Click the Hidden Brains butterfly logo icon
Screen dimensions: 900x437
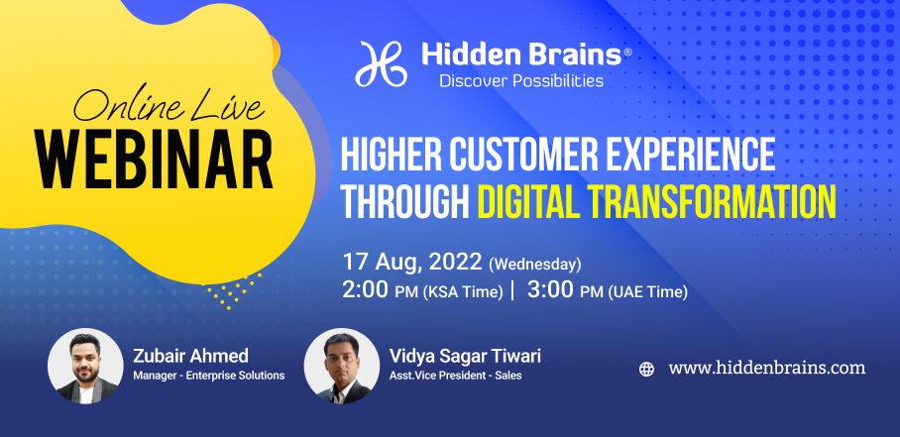point(382,63)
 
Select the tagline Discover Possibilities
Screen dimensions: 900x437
point(521,81)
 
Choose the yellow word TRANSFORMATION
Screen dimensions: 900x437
point(711,202)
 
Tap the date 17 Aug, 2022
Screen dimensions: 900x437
point(412,262)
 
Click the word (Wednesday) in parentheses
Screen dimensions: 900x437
point(534,265)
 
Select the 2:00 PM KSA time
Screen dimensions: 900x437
point(422,290)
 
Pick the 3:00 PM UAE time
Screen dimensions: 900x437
point(608,290)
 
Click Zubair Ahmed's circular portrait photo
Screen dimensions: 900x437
point(85,366)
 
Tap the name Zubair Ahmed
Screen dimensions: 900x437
point(190,356)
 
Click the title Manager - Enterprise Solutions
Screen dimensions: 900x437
point(209,377)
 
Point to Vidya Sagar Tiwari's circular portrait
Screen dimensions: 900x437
point(342,366)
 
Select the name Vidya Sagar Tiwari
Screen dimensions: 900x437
point(465,356)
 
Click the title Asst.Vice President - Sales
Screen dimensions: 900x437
point(455,377)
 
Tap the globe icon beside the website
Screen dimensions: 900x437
point(647,370)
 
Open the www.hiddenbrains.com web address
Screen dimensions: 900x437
point(767,369)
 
